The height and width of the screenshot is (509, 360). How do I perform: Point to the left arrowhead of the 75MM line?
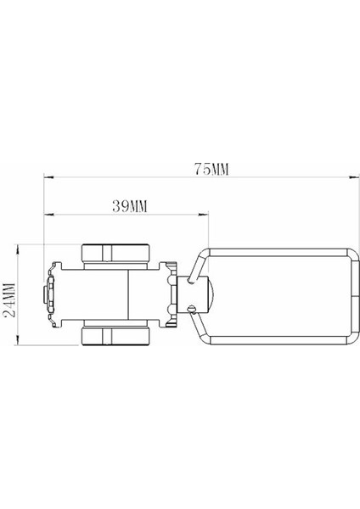point(48,178)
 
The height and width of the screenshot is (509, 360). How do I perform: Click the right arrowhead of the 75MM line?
point(351,178)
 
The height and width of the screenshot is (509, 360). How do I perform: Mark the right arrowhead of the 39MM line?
point(206,215)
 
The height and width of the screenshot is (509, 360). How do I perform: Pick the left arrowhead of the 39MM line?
point(48,215)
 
